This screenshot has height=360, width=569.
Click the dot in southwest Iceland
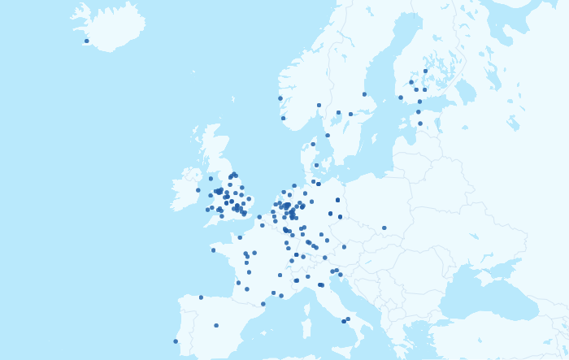click(87, 41)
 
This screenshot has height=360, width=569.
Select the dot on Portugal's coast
click(176, 341)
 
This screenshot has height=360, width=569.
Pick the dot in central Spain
click(216, 326)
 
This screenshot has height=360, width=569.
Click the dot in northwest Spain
click(201, 297)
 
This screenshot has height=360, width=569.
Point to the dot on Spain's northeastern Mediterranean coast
click(263, 304)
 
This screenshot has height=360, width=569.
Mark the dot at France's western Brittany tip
click(214, 250)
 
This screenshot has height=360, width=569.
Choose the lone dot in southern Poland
click(384, 228)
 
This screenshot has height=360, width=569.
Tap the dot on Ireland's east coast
click(198, 190)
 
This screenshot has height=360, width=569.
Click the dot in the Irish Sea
click(211, 179)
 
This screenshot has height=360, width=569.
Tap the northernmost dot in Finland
click(425, 71)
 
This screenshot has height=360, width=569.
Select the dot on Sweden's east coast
click(364, 94)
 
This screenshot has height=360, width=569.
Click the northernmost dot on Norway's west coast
click(280, 98)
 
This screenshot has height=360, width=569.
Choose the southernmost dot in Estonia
click(420, 124)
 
